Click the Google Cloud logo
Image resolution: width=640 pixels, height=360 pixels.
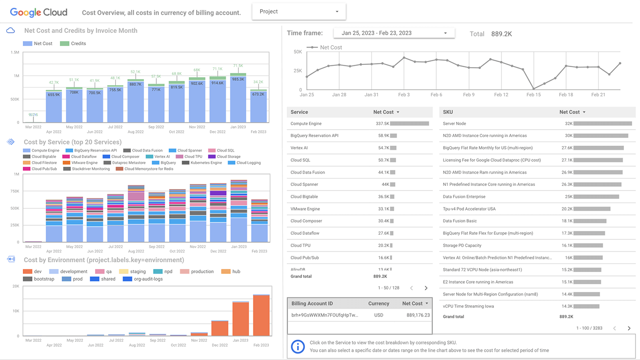click(x=38, y=12)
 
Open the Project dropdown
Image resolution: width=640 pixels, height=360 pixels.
click(x=299, y=12)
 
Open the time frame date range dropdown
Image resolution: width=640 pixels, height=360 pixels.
click(x=394, y=33)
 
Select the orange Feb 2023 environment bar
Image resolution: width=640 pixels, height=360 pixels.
click(x=261, y=315)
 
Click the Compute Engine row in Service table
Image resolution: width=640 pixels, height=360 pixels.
click(x=306, y=124)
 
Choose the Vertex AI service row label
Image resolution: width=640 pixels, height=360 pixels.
click(x=299, y=148)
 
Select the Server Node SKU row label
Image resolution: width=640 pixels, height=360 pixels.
click(x=454, y=124)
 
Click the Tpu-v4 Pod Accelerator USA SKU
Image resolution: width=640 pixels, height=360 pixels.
click(x=469, y=209)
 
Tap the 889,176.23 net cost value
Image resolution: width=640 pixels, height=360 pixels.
click(x=418, y=315)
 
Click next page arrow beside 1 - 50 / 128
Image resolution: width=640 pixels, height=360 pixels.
click(x=426, y=288)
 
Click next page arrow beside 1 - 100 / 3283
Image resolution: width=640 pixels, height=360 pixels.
click(x=629, y=328)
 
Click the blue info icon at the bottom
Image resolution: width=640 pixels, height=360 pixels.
click(x=298, y=346)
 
